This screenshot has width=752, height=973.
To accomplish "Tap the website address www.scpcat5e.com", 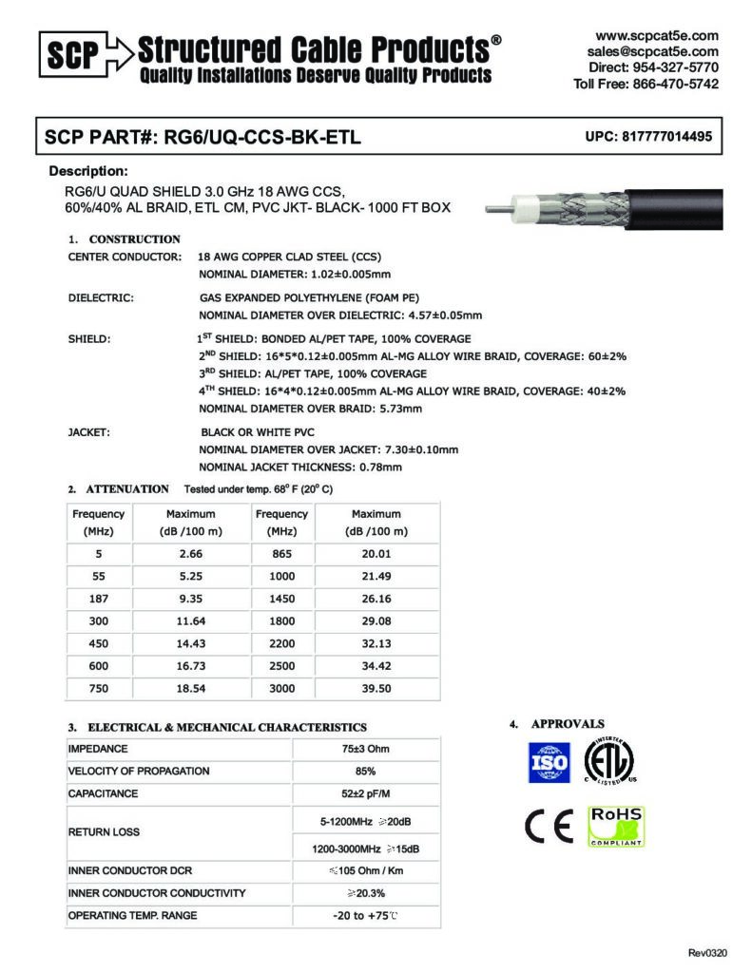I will point(655,35).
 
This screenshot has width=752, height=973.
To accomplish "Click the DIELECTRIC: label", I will point(101,297).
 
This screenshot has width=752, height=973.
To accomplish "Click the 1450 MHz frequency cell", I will point(281,599).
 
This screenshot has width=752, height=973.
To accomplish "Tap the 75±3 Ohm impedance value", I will point(366,749).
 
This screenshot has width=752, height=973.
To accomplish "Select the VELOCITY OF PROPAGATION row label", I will point(139,771).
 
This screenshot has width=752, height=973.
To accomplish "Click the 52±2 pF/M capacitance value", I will point(366,793).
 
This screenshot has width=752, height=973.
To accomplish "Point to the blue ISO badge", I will point(549,763).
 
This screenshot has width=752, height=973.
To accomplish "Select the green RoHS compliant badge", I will point(616,827).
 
